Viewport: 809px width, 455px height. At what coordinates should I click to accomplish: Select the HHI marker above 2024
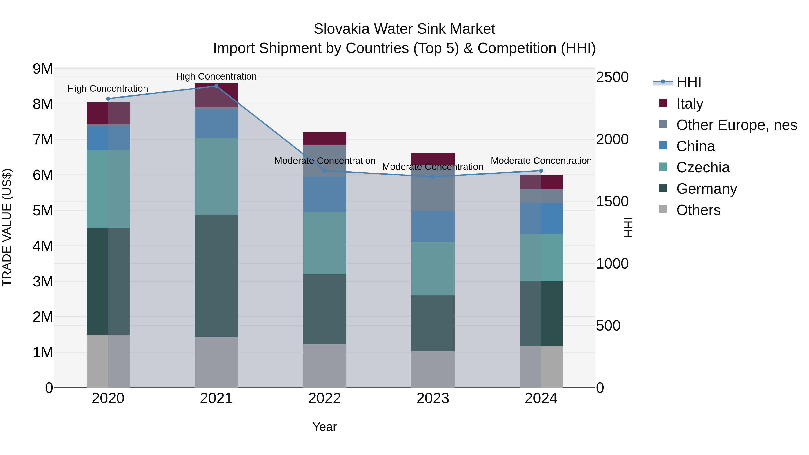[541, 171]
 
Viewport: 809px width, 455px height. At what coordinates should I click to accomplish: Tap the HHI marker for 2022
[325, 171]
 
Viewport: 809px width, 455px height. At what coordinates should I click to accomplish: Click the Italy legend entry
[690, 103]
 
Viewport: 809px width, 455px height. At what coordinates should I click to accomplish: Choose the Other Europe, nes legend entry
[736, 125]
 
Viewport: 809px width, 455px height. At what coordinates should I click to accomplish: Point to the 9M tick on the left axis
[43, 69]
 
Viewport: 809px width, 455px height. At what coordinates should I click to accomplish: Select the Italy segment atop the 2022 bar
[324, 138]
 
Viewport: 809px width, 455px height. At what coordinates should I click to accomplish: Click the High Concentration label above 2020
[108, 89]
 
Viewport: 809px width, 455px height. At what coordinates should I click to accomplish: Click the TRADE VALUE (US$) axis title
[7, 227]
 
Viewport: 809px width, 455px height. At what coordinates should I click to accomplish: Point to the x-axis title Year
[324, 427]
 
